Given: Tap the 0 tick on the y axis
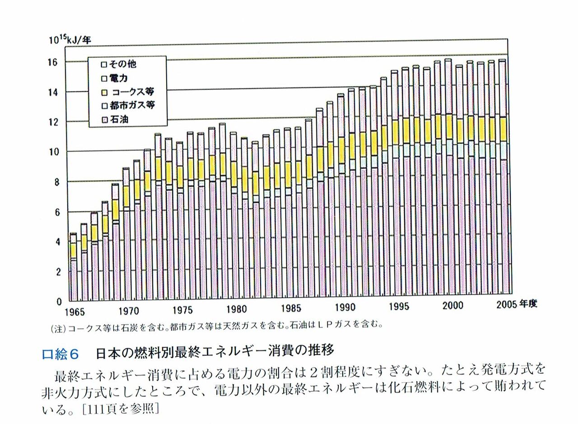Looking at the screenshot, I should click(x=59, y=302).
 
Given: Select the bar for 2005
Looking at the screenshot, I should click(x=502, y=181).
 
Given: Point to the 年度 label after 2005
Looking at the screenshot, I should click(x=529, y=304).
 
